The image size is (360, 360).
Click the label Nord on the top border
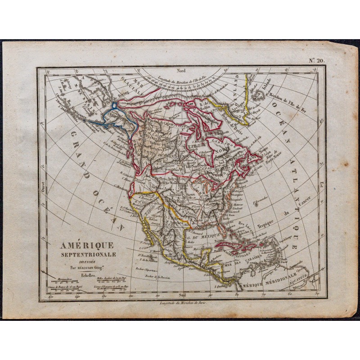pos(181,71)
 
